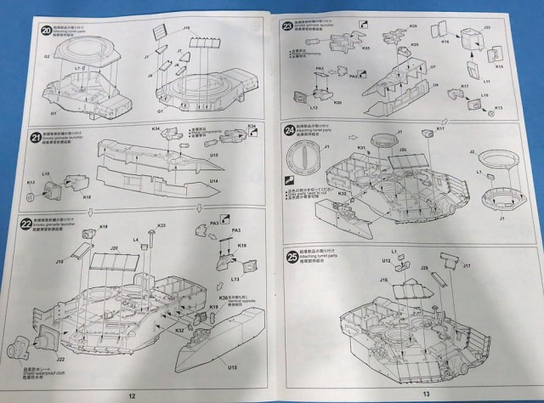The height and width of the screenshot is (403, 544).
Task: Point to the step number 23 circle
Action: [x=288, y=28]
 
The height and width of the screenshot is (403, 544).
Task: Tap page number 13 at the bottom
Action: [x=427, y=393]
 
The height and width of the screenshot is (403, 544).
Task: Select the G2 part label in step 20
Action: [x=36, y=58]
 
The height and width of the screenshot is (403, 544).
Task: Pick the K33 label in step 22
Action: [x=161, y=224]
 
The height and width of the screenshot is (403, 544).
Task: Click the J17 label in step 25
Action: [x=465, y=264]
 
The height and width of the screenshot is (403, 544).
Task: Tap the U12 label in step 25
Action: [x=385, y=260]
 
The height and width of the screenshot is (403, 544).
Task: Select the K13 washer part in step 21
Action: [x=32, y=197]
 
